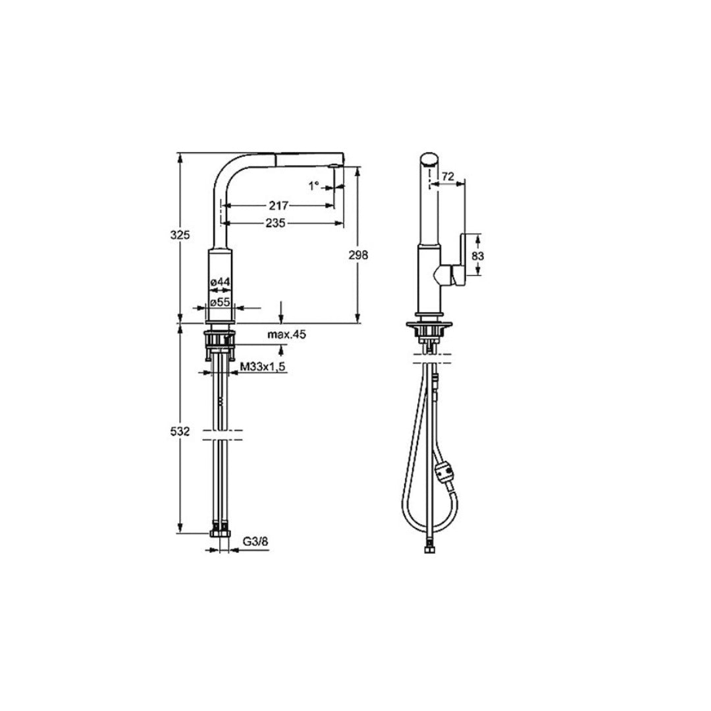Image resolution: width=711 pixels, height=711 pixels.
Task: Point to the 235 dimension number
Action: coord(276,223)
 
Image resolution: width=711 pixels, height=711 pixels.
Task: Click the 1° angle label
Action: coord(314,186)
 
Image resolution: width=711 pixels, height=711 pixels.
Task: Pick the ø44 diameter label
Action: coord(220,282)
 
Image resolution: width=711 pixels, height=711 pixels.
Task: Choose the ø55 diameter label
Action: coord(220,302)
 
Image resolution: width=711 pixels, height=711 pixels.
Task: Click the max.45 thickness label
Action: coord(286,335)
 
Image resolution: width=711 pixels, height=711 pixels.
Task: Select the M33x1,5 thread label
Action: coord(262,367)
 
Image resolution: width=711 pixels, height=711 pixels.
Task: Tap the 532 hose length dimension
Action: coord(181,431)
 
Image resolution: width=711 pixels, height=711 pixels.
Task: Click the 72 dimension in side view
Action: coord(448,176)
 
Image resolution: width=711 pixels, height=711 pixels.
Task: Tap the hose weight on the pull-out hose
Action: coord(443,472)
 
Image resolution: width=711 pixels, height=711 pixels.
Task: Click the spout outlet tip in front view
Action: coord(338,165)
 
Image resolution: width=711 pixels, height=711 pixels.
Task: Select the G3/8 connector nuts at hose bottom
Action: coord(220,529)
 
